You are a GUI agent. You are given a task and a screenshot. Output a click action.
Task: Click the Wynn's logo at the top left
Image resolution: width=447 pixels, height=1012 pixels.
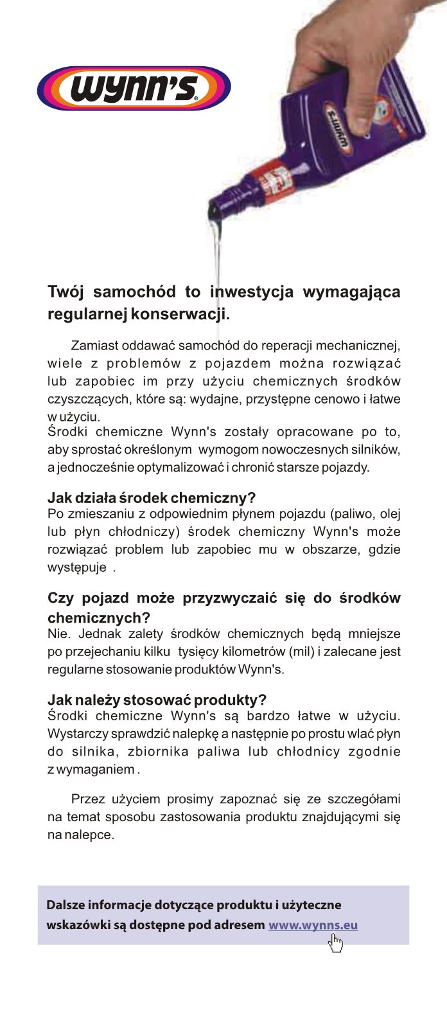coord(134,89)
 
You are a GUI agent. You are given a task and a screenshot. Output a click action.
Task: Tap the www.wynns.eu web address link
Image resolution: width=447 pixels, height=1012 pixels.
coord(313,925)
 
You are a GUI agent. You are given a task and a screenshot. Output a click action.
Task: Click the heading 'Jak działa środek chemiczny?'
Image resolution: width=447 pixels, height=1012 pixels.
coord(152,498)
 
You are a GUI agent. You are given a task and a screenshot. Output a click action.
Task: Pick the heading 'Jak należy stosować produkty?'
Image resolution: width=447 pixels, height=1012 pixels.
coord(157,700)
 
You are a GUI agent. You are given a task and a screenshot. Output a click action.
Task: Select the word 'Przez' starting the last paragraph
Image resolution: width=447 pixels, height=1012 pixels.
coord(87,799)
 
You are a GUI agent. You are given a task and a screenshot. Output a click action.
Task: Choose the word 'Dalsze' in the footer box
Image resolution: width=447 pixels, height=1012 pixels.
coord(65,905)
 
